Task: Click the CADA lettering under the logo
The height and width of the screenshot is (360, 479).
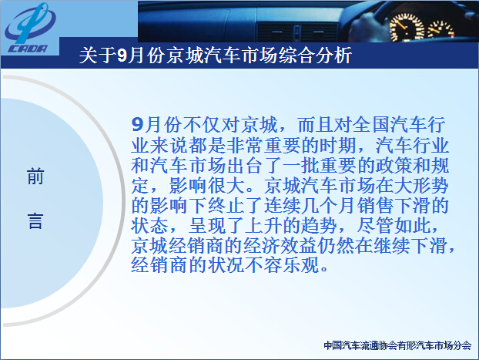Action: [x=28, y=49]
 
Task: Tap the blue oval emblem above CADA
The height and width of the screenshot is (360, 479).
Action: [x=30, y=23]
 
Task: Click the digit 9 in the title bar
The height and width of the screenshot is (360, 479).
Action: [x=122, y=56]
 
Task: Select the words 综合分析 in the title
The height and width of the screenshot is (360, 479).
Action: [x=315, y=56]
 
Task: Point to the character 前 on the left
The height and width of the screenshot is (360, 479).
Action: [x=35, y=177]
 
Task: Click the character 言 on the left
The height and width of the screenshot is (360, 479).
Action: [x=35, y=220]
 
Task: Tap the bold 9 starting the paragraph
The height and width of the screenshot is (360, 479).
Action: [x=138, y=125]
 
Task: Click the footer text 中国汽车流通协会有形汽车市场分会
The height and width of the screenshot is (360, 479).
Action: [x=397, y=345]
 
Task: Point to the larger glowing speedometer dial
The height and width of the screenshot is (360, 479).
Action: [x=407, y=28]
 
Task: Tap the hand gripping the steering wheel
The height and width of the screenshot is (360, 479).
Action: [x=368, y=29]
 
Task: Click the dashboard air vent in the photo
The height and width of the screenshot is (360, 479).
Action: [x=297, y=32]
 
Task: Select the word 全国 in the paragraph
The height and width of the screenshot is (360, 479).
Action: [x=371, y=125]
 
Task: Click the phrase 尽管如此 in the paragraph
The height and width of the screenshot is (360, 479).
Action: [x=394, y=225]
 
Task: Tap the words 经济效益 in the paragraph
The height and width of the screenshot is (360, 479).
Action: [x=280, y=245]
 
